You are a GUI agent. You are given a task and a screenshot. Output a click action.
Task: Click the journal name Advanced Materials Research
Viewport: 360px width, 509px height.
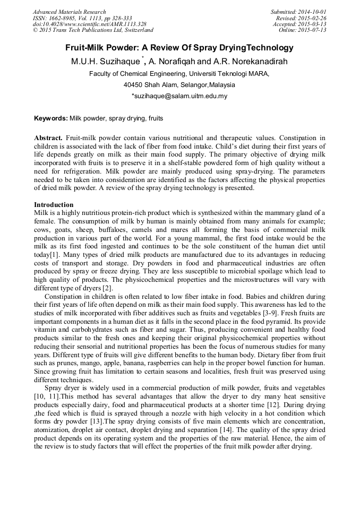pyautogui.click(x=69, y=12)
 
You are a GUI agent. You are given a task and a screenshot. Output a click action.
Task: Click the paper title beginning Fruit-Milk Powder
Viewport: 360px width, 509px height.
pyautogui.click(x=179, y=48)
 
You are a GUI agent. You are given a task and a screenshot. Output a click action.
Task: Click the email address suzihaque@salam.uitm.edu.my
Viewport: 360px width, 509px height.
pyautogui.click(x=180, y=96)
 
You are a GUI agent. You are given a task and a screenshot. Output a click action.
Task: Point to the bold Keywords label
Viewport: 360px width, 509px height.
pyautogui.click(x=50, y=118)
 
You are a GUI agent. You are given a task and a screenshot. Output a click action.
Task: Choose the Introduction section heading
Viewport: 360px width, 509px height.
pyautogui.click(x=54, y=204)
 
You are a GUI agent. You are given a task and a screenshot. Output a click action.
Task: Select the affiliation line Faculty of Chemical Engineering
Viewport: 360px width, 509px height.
pyautogui.click(x=179, y=73)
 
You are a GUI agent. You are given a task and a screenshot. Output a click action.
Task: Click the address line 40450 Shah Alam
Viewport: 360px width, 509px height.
pyautogui.click(x=179, y=85)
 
